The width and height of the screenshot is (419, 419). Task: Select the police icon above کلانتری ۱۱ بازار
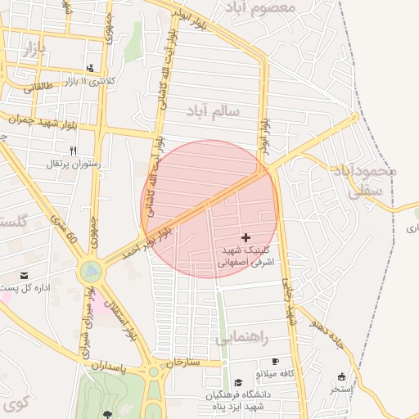click(x=89, y=69)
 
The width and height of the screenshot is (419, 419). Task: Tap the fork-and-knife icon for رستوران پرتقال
click(x=74, y=151)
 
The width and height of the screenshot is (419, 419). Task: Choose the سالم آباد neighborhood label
click(x=212, y=109)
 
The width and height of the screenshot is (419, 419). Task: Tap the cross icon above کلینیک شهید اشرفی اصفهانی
click(x=246, y=237)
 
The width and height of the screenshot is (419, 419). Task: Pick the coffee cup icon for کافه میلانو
click(x=275, y=362)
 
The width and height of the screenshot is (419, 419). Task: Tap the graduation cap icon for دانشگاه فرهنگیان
click(x=238, y=382)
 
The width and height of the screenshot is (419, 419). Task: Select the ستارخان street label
click(x=183, y=361)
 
